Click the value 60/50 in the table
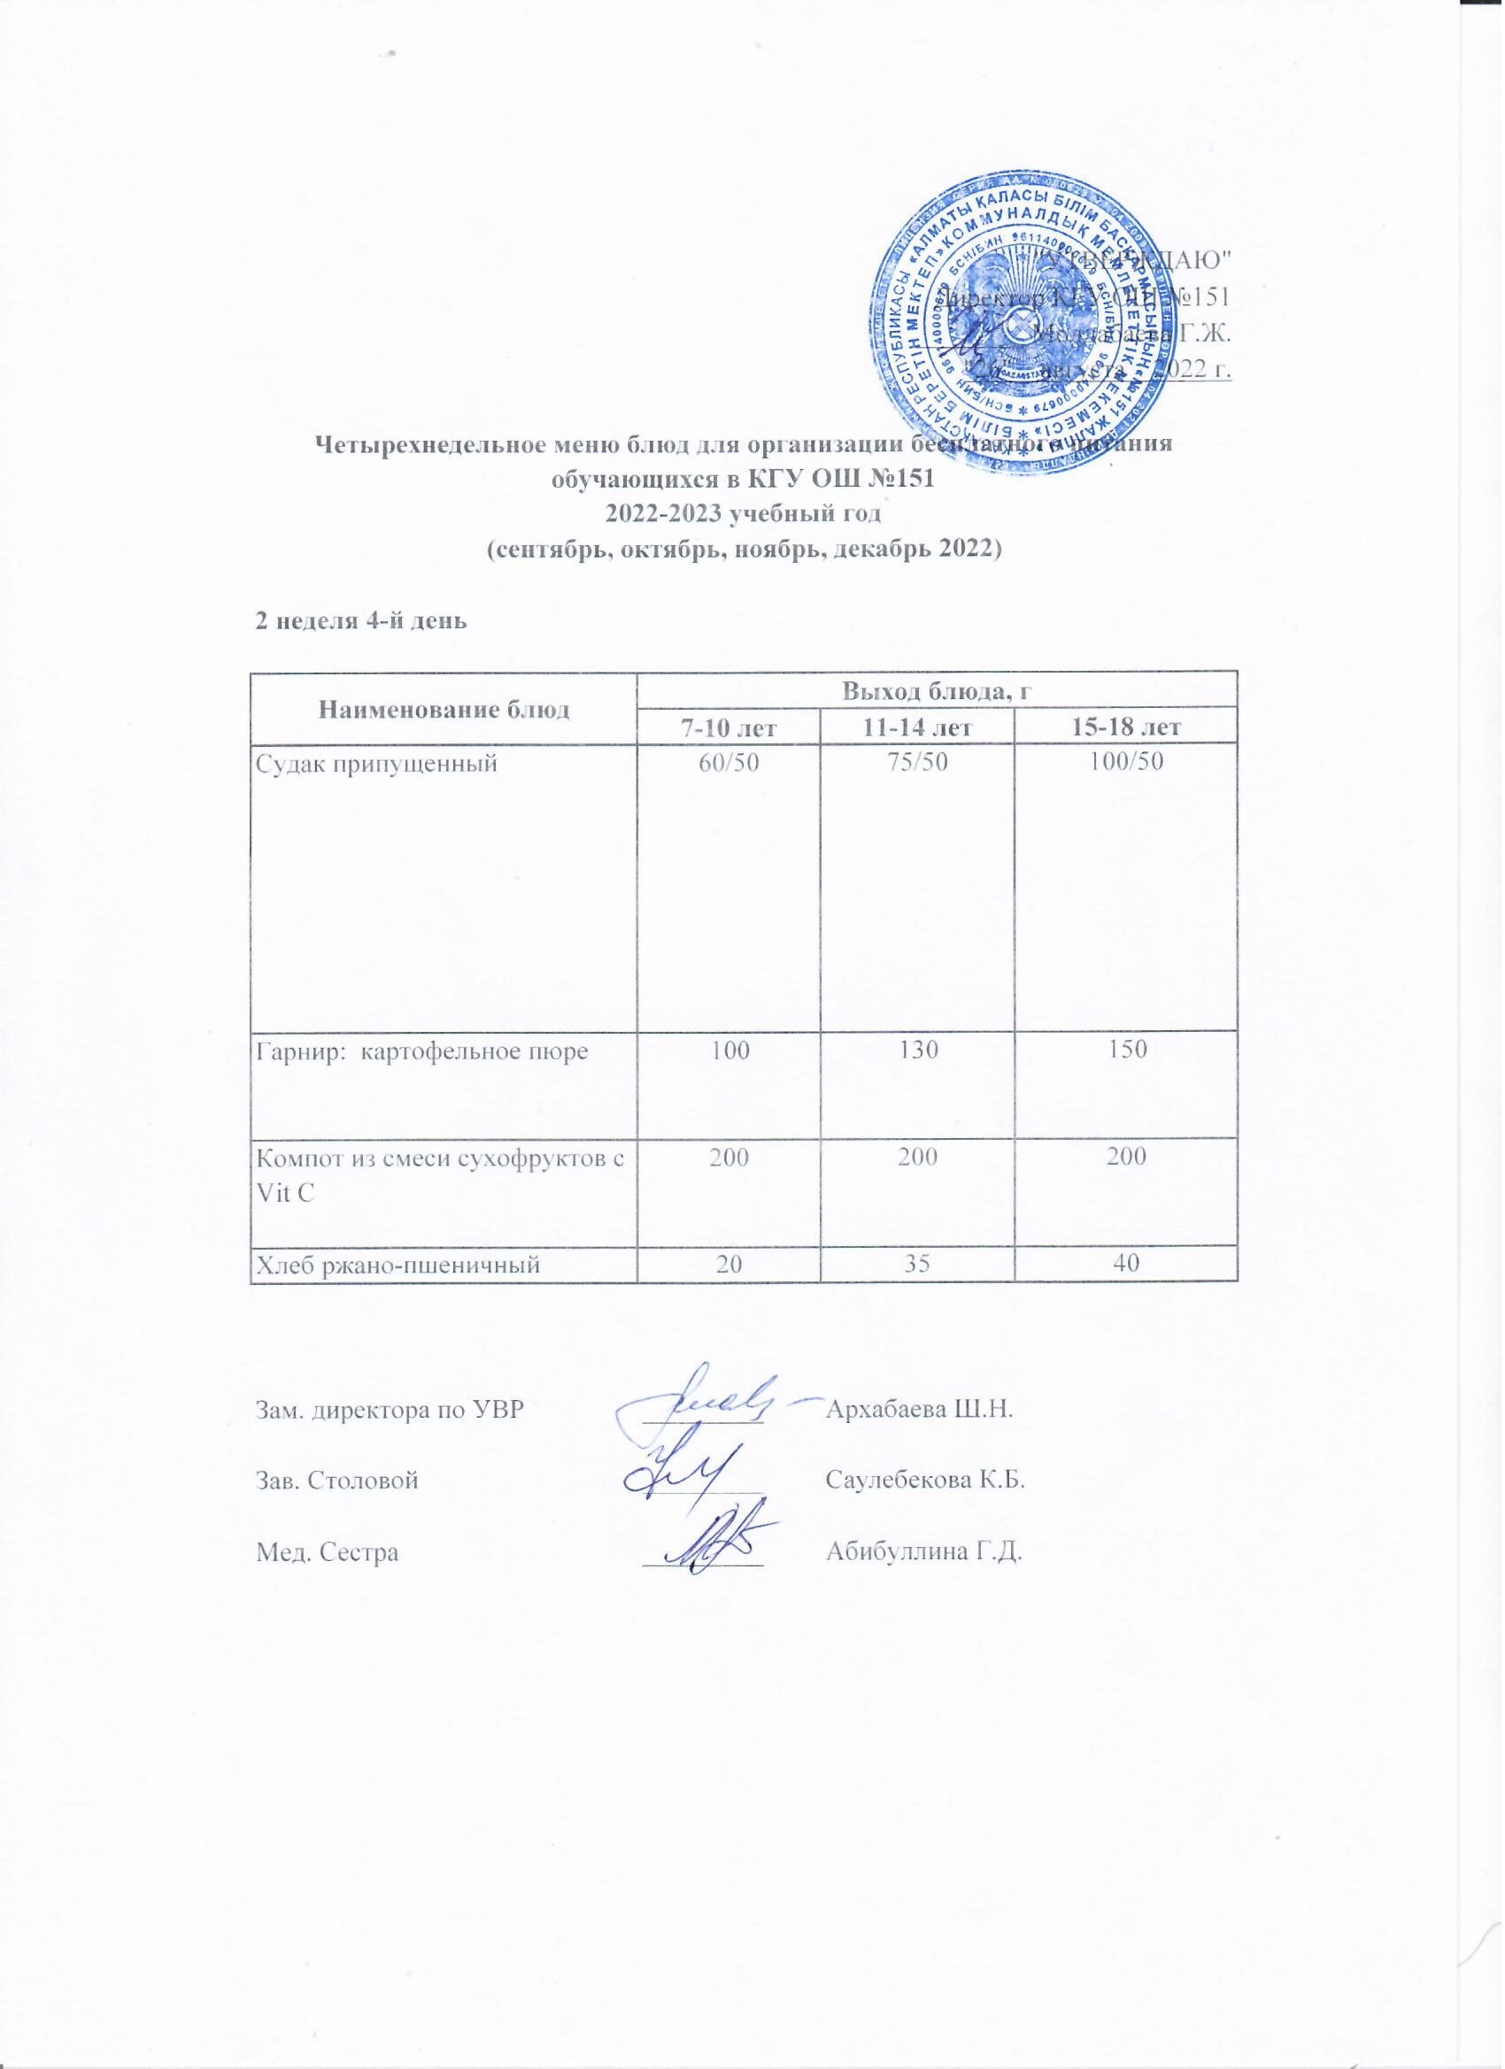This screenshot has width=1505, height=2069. (x=727, y=764)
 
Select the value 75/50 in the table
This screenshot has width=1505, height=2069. (x=915, y=764)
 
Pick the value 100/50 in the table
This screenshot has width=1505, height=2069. (x=1126, y=764)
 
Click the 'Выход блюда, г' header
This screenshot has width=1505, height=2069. (x=936, y=690)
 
